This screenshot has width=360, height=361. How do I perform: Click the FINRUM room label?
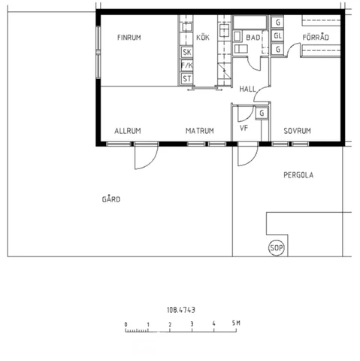click(x=129, y=38)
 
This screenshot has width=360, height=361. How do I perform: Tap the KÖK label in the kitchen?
click(x=203, y=37)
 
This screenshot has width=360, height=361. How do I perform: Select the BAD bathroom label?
click(x=253, y=38)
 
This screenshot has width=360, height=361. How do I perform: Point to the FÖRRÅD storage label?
click(x=316, y=37)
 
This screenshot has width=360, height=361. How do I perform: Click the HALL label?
click(x=247, y=89)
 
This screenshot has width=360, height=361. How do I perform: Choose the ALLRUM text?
click(x=128, y=131)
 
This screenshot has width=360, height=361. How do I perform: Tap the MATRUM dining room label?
click(x=200, y=131)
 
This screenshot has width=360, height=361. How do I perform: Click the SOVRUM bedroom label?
click(x=297, y=131)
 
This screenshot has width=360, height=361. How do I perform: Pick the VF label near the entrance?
click(x=244, y=128)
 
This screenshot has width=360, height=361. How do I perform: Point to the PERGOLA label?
click(x=298, y=175)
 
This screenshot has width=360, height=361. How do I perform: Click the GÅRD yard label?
click(x=111, y=199)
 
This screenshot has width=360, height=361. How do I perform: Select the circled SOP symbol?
click(x=277, y=248)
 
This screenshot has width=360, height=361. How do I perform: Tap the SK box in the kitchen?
click(x=187, y=53)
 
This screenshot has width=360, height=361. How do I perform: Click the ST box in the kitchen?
click(x=187, y=79)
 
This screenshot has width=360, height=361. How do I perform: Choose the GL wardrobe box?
click(x=277, y=35)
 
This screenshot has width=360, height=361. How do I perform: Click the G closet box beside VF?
click(x=262, y=114)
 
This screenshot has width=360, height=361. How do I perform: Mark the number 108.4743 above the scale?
click(x=181, y=310)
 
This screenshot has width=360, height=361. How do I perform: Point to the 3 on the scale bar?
click(x=192, y=324)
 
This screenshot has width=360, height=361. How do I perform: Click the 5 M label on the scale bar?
click(x=236, y=323)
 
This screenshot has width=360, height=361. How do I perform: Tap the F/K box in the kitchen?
click(x=187, y=65)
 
